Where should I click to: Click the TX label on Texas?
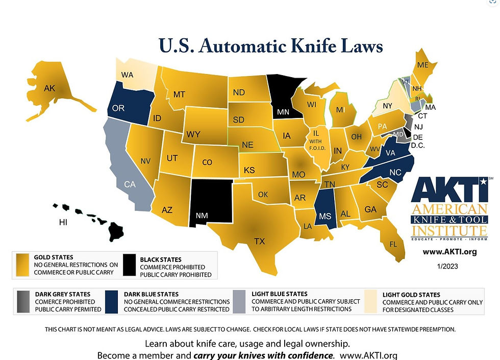(x=259, y=241)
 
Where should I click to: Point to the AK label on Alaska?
(x=49, y=88)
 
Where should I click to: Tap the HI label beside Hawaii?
(x=63, y=223)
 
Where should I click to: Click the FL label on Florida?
(x=393, y=244)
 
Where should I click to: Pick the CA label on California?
(x=130, y=184)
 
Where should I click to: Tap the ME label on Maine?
(x=423, y=65)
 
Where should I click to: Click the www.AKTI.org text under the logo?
(x=450, y=252)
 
